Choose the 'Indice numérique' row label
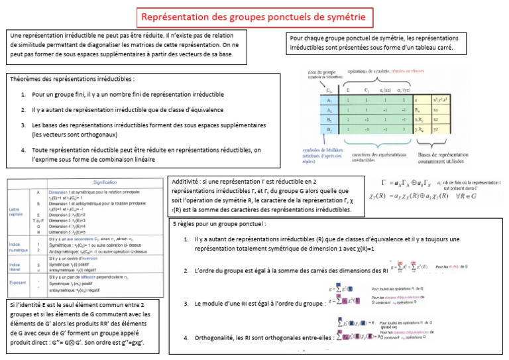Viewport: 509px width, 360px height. click(17, 247)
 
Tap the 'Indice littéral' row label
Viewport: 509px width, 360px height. click(17, 267)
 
